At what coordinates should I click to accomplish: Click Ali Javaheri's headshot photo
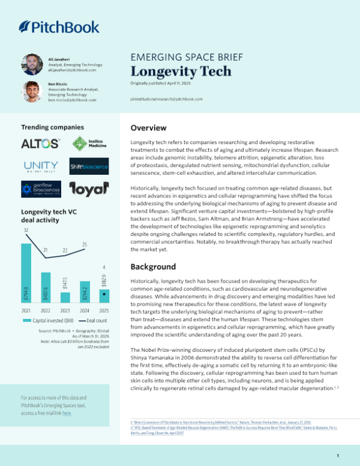(x=32, y=64)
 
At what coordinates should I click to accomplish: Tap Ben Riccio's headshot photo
(x=32, y=91)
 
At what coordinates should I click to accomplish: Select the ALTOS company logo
(x=40, y=144)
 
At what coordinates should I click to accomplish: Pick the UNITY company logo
(x=40, y=166)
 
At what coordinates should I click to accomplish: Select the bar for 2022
(x=46, y=288)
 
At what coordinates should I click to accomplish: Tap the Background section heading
(x=153, y=267)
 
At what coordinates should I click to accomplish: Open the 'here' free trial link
(x=67, y=414)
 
